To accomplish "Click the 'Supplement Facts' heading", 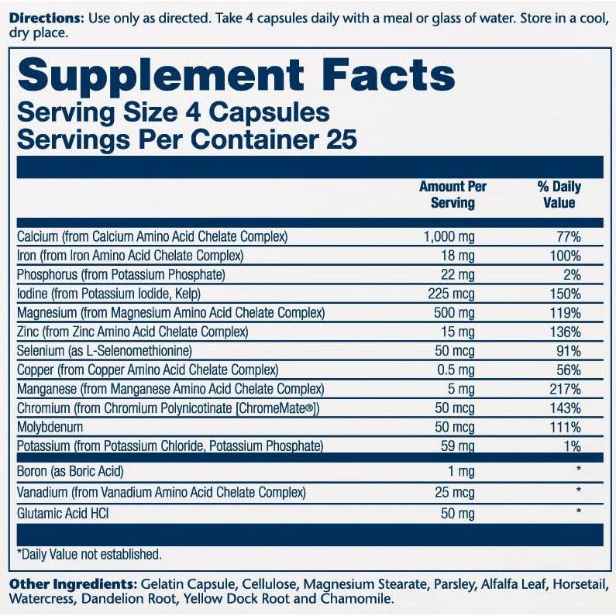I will click(236, 75).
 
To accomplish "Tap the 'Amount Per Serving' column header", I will click(453, 194).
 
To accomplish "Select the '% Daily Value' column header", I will click(559, 194).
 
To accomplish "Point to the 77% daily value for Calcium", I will click(568, 236).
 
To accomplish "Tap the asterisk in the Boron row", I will click(577, 470).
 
